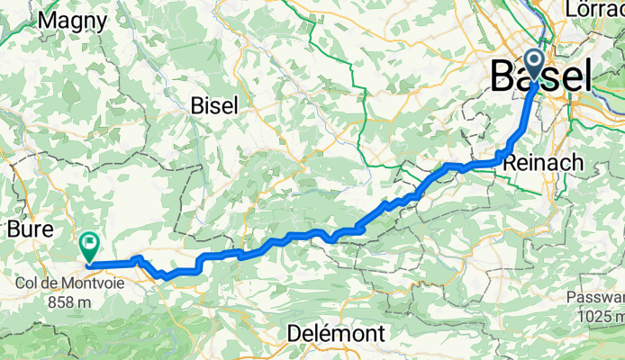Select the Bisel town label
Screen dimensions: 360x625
pyautogui.click(x=214, y=105)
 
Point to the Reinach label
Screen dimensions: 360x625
pyautogui.click(x=544, y=163)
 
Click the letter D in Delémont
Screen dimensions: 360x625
pyautogui.click(x=294, y=334)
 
